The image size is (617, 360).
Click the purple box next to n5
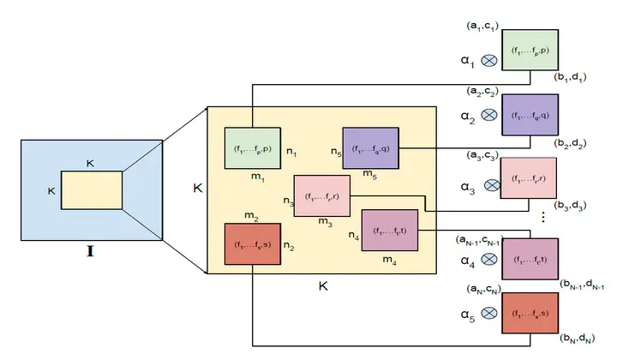click(x=371, y=148)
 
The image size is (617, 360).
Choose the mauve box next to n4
click(x=390, y=229)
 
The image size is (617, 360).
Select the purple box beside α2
click(x=530, y=115)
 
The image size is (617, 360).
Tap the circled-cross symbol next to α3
click(x=491, y=184)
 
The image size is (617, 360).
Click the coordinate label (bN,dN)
click(x=580, y=340)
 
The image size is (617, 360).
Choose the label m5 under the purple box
click(x=369, y=175)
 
